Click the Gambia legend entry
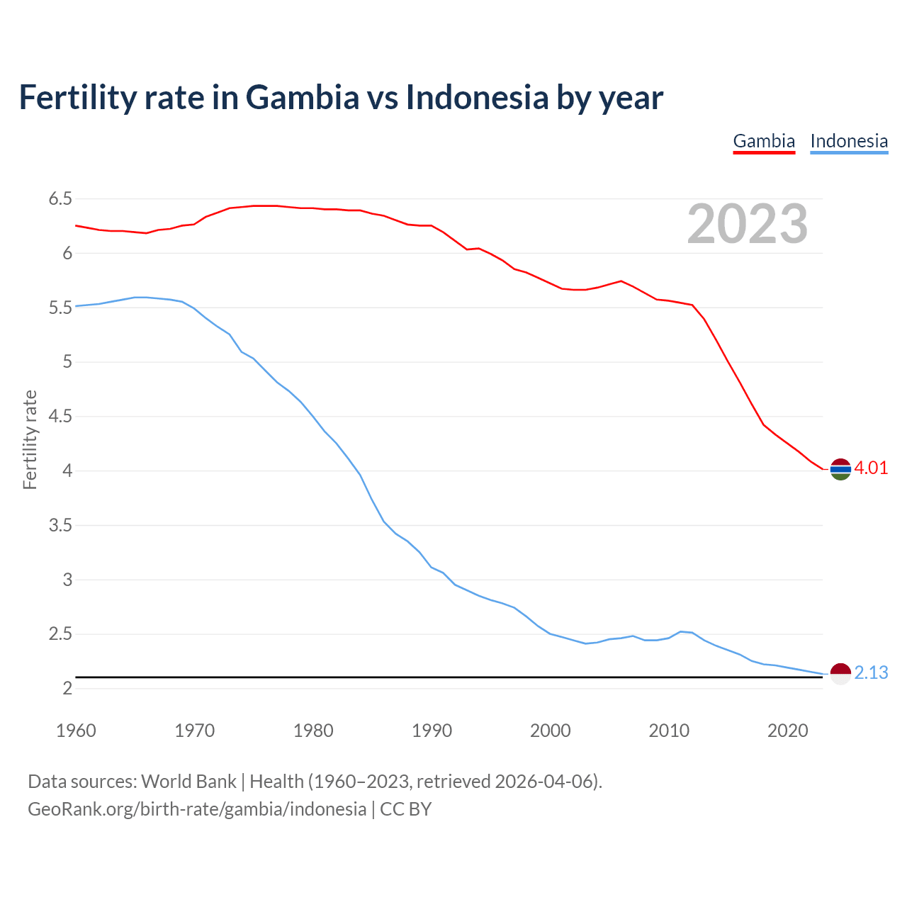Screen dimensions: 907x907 [764, 141]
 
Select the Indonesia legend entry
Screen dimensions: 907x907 [849, 141]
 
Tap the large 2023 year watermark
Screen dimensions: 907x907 [747, 224]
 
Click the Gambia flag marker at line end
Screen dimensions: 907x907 [840, 469]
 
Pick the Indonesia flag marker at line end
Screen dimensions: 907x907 [840, 674]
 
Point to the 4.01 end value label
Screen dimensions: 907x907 [871, 468]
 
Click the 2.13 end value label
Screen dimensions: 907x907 [871, 673]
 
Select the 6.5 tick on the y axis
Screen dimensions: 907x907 [60, 199]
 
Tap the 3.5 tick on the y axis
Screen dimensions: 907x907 [60, 526]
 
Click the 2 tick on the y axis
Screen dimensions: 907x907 [67, 689]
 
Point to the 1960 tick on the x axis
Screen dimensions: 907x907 [76, 731]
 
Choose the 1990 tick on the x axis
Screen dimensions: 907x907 [432, 731]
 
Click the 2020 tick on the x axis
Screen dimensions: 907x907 [787, 731]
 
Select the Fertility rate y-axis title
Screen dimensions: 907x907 [30, 439]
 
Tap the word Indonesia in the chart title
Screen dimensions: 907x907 [477, 97]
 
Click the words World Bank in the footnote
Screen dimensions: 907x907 [188, 782]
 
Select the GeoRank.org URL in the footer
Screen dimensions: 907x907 [197, 809]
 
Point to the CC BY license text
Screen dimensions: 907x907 [406, 809]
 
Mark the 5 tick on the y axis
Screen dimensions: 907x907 [67, 362]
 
